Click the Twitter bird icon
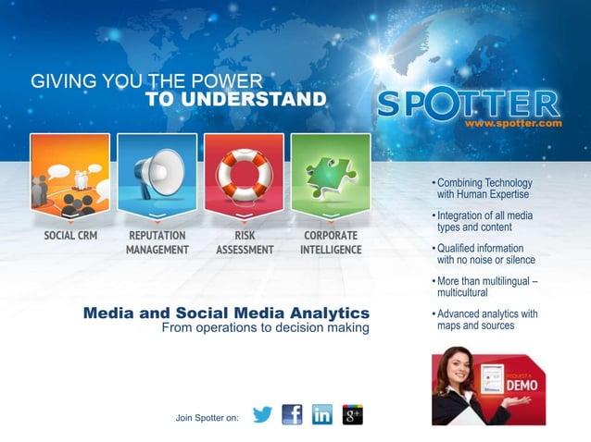click(262, 415)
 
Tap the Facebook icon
click(292, 415)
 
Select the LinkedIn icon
click(322, 415)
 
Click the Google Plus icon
click(353, 415)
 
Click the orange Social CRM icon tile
click(69, 174)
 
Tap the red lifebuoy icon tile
click(244, 174)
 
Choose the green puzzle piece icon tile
click(331, 174)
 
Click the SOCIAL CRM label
click(70, 236)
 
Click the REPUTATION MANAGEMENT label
click(157, 242)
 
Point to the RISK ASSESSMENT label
click(245, 242)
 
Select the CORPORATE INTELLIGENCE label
click(331, 242)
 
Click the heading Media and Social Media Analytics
click(226, 313)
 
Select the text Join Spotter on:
click(207, 418)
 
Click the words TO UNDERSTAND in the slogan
click(235, 100)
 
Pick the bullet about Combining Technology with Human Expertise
click(483, 189)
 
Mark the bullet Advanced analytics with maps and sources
click(486, 320)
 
